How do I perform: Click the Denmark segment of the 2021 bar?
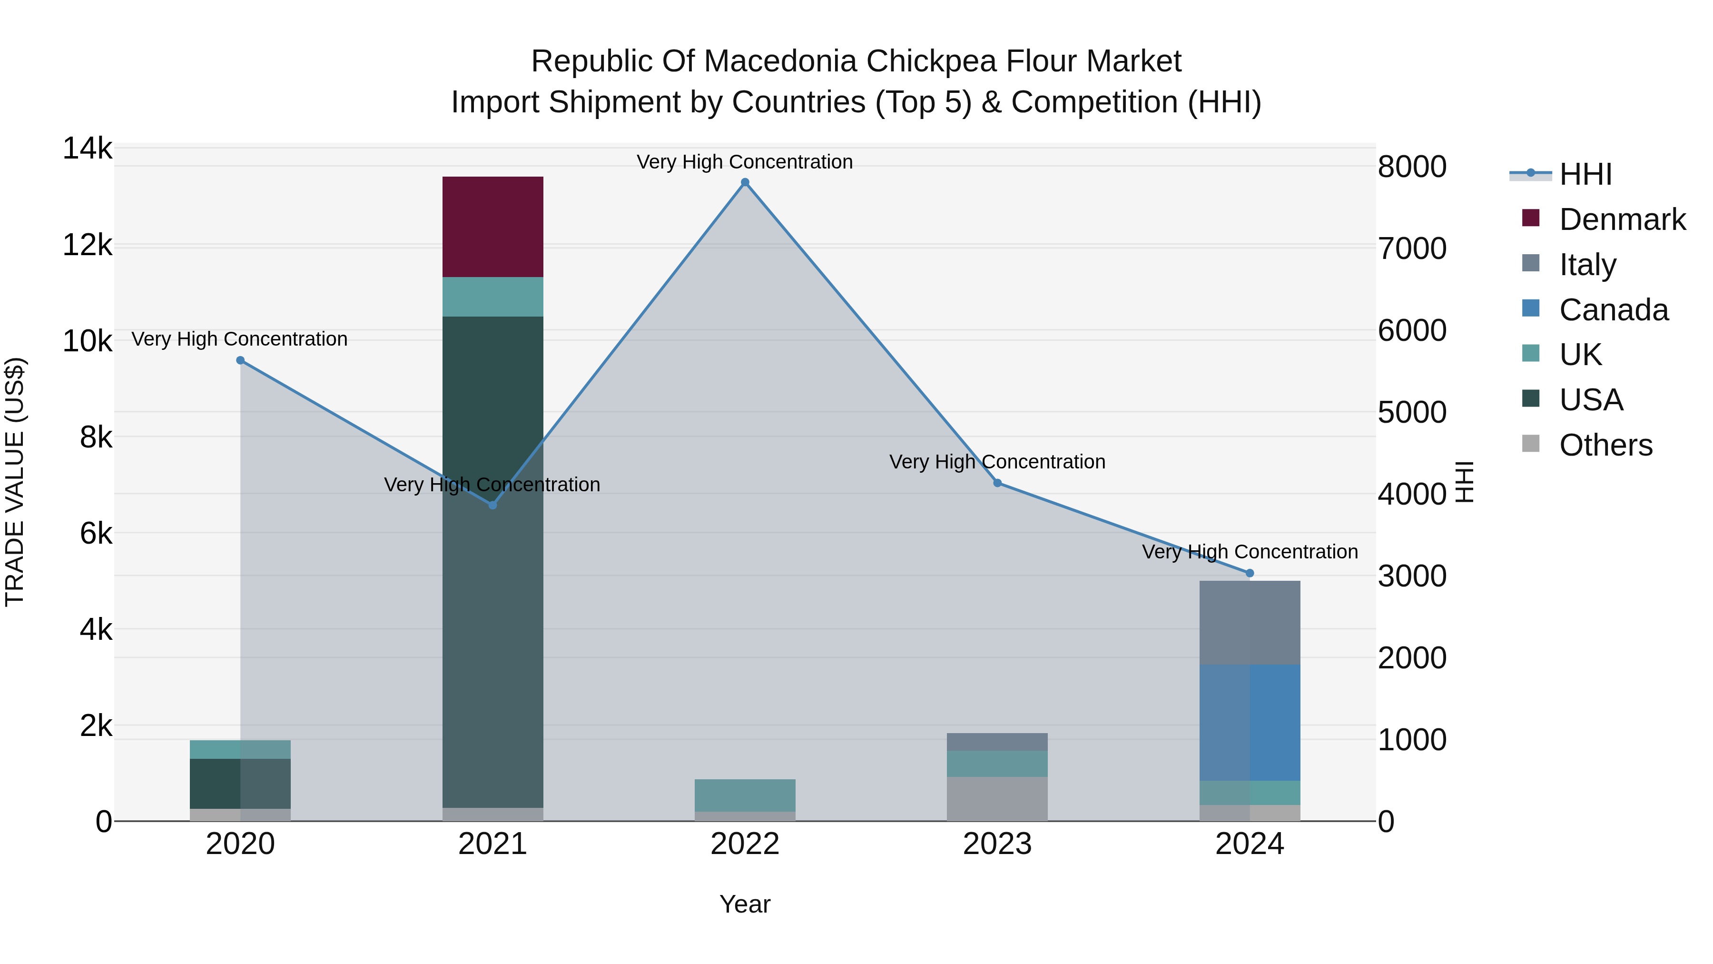click(493, 227)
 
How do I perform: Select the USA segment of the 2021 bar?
click(493, 562)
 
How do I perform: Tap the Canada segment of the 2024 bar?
click(1250, 723)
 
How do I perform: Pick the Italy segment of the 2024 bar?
click(1250, 623)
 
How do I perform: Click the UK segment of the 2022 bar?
click(745, 795)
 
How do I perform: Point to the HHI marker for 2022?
click(745, 182)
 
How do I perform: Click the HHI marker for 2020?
click(241, 360)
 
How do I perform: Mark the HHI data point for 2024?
click(1250, 573)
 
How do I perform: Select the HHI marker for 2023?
click(997, 483)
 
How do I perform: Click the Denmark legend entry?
click(1622, 219)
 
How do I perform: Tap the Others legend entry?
click(1605, 445)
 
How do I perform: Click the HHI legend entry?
click(1585, 174)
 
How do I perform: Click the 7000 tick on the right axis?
click(1412, 249)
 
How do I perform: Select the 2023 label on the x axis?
click(997, 844)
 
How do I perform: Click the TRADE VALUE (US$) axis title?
click(15, 482)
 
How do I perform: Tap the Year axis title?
click(745, 904)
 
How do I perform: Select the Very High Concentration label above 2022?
click(745, 162)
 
